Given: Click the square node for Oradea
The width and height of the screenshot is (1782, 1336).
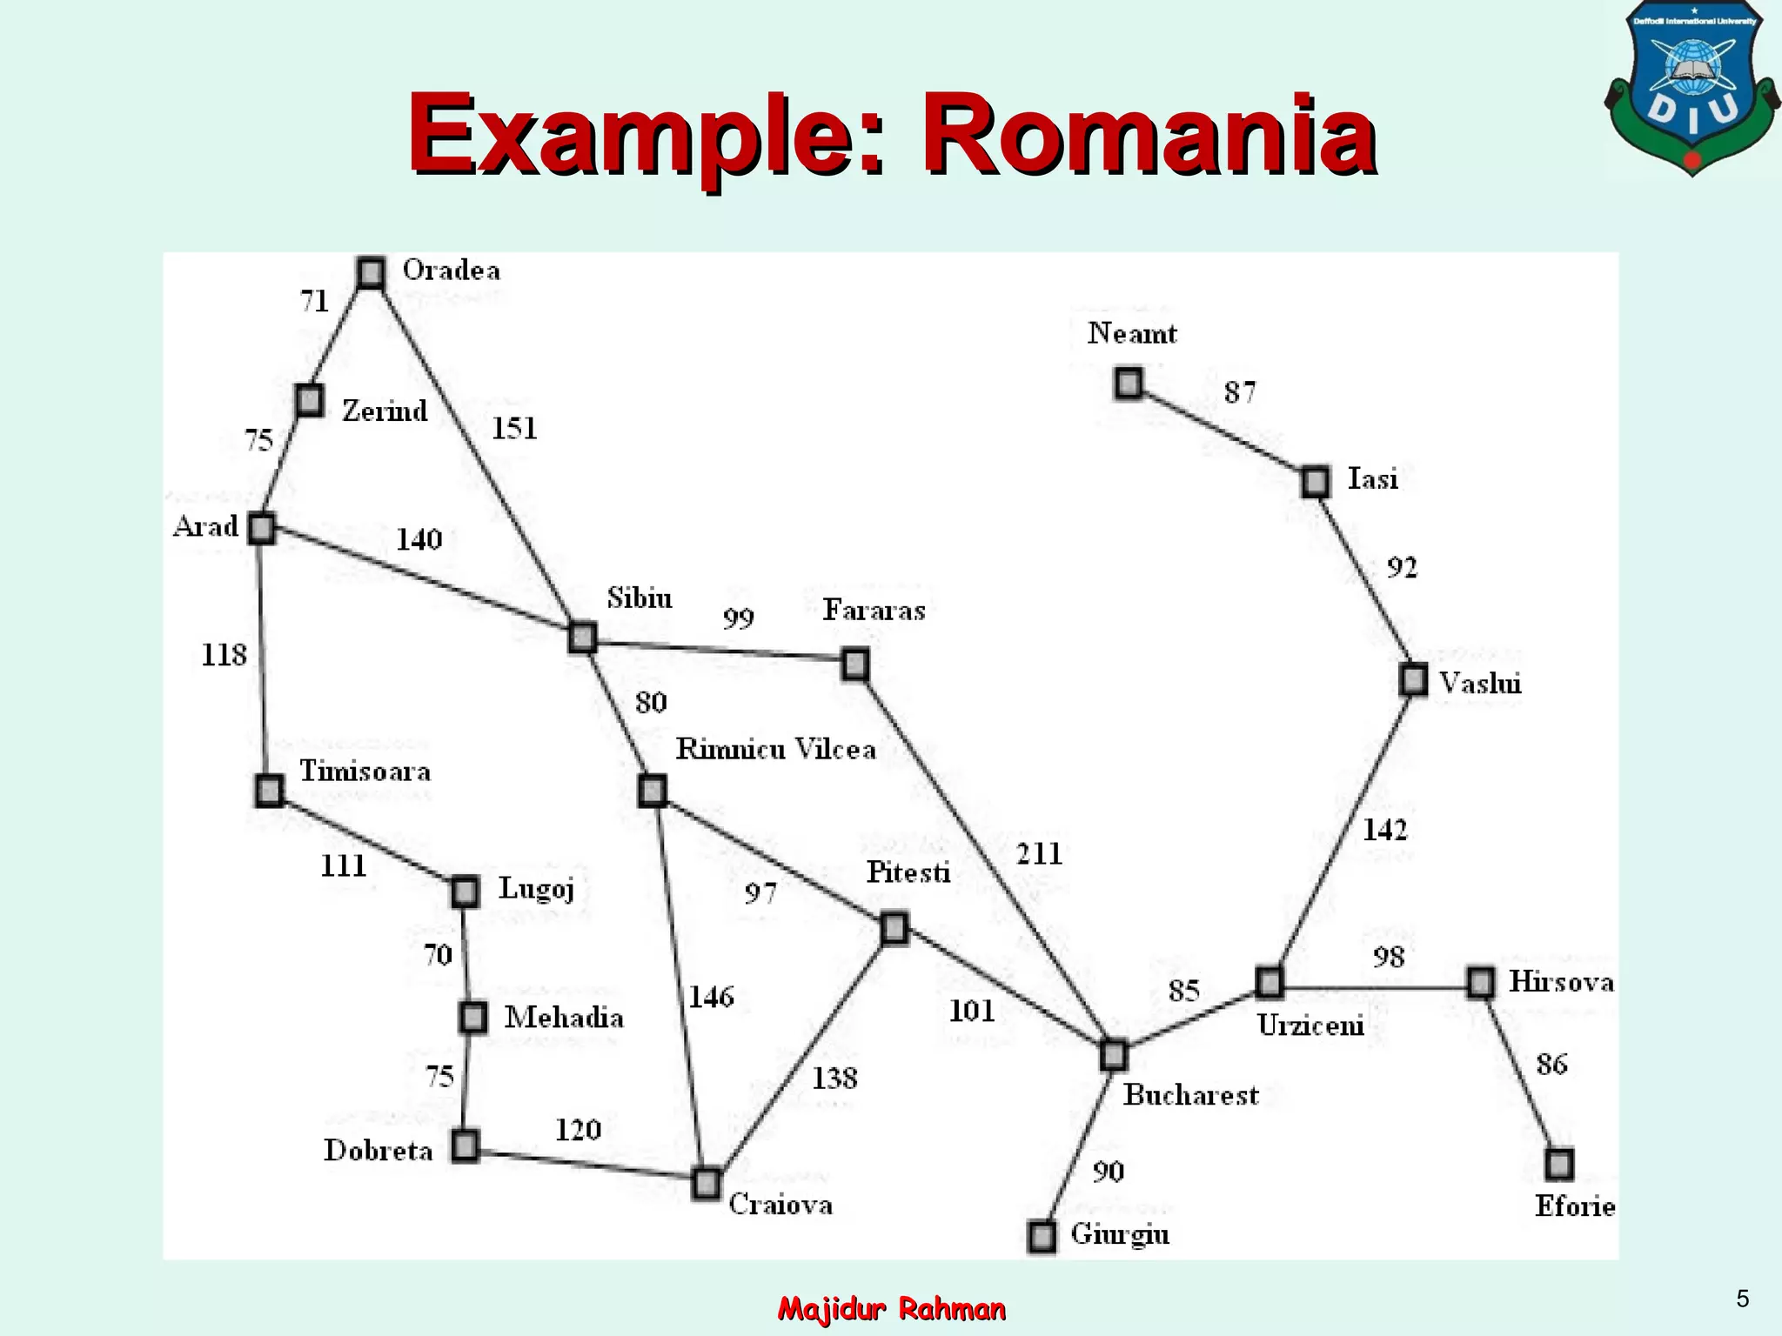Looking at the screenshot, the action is (371, 273).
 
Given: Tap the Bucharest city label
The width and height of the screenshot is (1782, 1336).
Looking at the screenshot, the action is (1190, 1094).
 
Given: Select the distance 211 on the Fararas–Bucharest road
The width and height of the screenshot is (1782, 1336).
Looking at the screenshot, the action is (1040, 854).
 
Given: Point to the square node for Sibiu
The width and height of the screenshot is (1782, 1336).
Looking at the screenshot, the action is (582, 638).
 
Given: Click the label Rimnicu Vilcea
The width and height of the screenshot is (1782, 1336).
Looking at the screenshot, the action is (775, 749).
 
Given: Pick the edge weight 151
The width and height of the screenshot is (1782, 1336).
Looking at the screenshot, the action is (514, 429).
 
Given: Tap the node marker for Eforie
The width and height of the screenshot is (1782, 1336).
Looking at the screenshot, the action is (1559, 1164).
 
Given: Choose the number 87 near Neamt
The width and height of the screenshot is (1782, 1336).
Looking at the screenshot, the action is (1240, 393).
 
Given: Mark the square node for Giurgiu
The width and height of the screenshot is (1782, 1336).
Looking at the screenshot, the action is (1042, 1236).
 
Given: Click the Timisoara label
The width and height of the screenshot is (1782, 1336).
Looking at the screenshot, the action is (365, 772).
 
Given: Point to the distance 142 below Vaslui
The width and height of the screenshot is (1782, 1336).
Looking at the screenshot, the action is (1384, 831).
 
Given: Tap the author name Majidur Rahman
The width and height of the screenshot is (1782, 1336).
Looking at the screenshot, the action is (892, 1308).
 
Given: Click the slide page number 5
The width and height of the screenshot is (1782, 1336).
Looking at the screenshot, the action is (1742, 1299).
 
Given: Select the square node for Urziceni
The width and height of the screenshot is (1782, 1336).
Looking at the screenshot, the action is (1270, 982).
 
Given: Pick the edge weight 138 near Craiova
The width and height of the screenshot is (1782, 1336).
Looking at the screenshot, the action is (834, 1079).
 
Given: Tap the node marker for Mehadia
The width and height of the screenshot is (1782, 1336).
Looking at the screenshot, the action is (473, 1017).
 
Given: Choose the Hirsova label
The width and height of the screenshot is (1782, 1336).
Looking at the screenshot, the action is (1561, 982).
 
